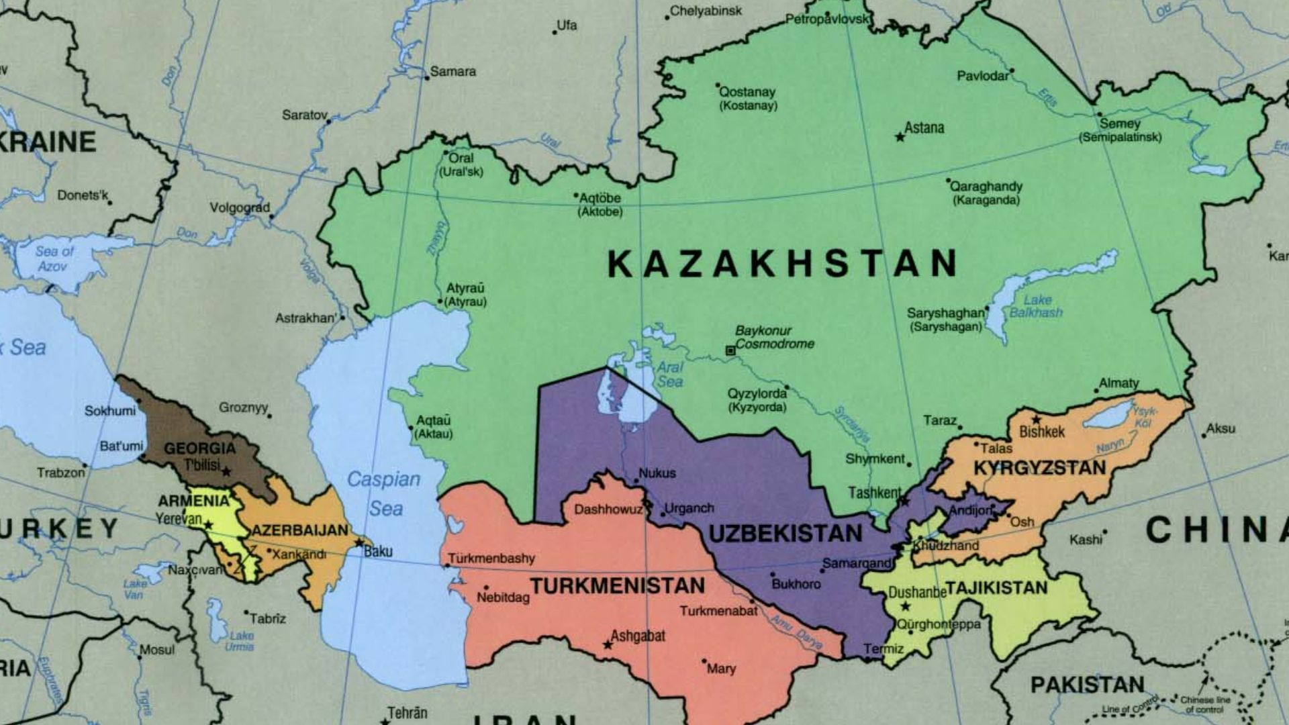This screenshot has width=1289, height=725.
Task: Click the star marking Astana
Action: pyautogui.click(x=900, y=137)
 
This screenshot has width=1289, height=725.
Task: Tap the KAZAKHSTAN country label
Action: pyautogui.click(x=782, y=263)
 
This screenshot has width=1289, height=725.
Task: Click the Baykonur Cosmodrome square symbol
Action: pyautogui.click(x=730, y=350)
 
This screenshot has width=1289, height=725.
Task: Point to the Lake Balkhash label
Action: pyautogui.click(x=1036, y=306)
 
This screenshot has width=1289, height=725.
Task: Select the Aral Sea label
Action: pyautogui.click(x=669, y=375)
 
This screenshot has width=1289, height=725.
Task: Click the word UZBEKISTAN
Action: pyautogui.click(x=785, y=534)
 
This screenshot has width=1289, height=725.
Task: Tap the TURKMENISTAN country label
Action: pyautogui.click(x=618, y=586)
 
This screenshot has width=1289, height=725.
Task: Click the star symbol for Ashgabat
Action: pyautogui.click(x=608, y=644)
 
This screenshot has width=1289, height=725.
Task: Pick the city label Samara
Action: pyautogui.click(x=452, y=71)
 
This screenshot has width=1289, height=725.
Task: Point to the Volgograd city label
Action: pyautogui.click(x=240, y=207)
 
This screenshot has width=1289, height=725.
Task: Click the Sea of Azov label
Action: pyautogui.click(x=54, y=258)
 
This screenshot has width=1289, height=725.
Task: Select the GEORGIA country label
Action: pyautogui.click(x=199, y=448)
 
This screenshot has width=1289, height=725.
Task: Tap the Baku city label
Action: pyautogui.click(x=378, y=551)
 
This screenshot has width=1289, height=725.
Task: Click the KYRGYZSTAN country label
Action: pyautogui.click(x=1039, y=468)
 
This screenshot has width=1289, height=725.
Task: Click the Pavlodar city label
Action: pyautogui.click(x=982, y=76)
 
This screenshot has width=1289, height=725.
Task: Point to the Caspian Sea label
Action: pyautogui.click(x=384, y=493)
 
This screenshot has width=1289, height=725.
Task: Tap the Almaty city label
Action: pyautogui.click(x=1118, y=383)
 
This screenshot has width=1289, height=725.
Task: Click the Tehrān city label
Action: pyautogui.click(x=407, y=712)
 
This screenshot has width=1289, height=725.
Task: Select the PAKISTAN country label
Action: pyautogui.click(x=1087, y=685)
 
